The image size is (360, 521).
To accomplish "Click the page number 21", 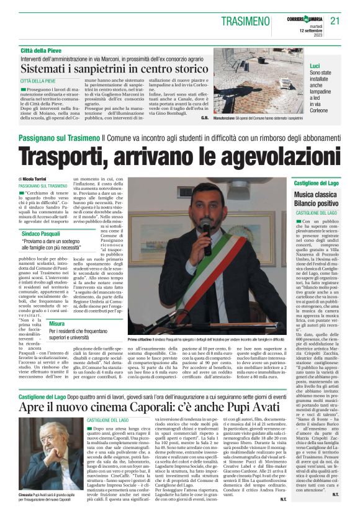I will click(335, 21).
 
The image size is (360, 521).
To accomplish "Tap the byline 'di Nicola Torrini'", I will click(37, 179).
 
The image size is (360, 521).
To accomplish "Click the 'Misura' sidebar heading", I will click(57, 324).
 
